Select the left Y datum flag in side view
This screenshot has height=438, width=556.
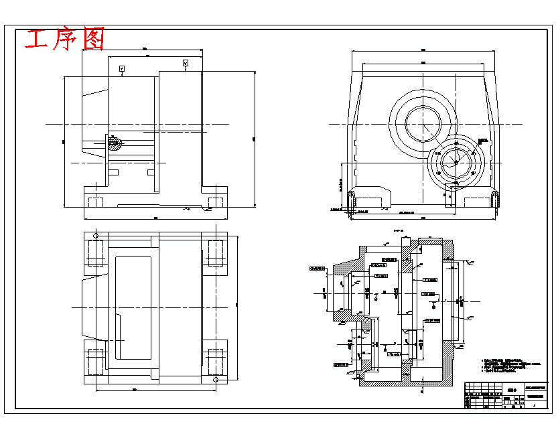pyautogui.click(x=121, y=69)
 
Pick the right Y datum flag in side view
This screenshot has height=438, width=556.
pyautogui.click(x=186, y=63)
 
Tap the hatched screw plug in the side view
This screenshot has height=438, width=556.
pyautogui.click(x=114, y=143)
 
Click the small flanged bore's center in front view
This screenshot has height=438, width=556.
pyautogui.click(x=456, y=161)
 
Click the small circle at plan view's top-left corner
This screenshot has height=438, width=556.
pyautogui.click(x=96, y=236)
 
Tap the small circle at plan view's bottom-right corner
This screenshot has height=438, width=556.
pyautogui.click(x=216, y=380)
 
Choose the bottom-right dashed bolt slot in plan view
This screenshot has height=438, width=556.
pyautogui.click(x=216, y=361)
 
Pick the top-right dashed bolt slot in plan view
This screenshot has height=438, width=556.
pyautogui.click(x=216, y=253)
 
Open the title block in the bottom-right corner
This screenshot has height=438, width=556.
pyautogui.click(x=506, y=395)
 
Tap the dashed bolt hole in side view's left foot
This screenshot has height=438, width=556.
pyautogui.click(x=95, y=202)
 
